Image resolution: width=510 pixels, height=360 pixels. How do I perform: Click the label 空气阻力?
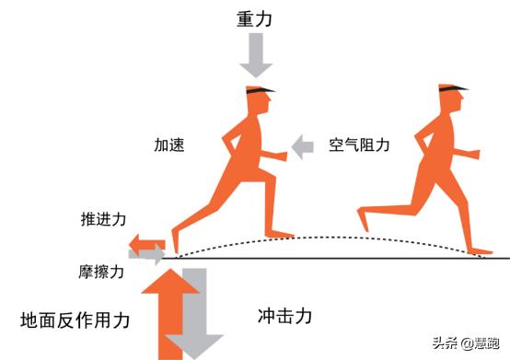(x=360, y=145)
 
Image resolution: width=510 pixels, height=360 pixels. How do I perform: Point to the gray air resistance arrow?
(x=302, y=145)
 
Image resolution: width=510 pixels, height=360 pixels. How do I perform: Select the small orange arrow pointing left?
(x=145, y=241)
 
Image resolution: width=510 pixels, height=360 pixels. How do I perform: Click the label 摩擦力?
(x=102, y=272)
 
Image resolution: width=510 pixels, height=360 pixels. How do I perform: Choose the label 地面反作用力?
(x=75, y=319)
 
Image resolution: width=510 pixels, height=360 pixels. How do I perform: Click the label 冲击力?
(x=284, y=316)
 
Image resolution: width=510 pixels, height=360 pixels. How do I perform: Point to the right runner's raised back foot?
(x=364, y=218)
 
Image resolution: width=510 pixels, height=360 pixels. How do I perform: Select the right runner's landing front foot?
(x=482, y=249)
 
